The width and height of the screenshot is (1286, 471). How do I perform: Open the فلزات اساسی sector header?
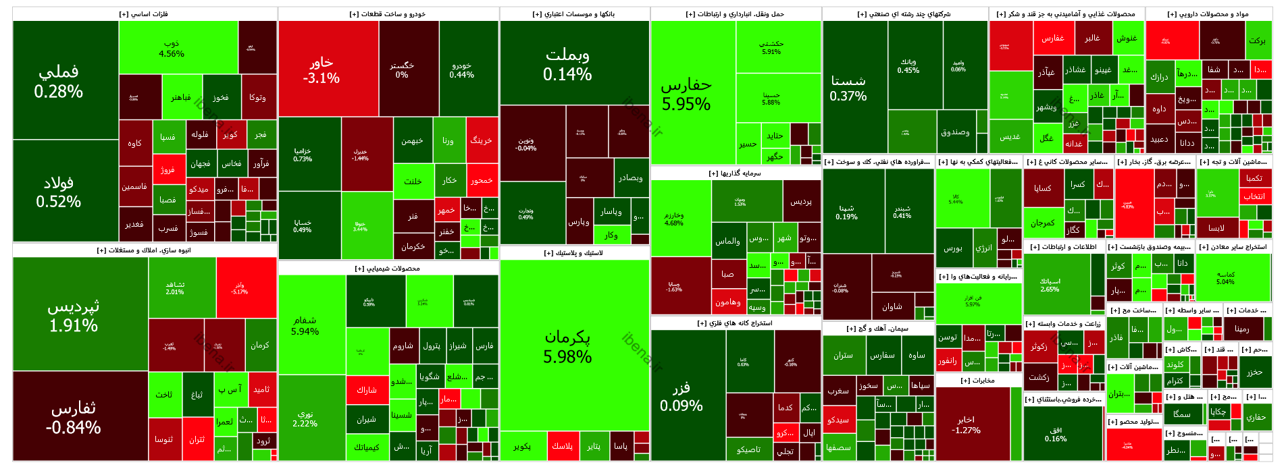[144, 14]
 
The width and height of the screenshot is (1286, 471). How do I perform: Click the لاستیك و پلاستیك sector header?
[574, 253]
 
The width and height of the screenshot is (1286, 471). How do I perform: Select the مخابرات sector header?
[978, 381]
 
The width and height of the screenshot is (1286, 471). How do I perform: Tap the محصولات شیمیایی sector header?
[388, 269]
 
